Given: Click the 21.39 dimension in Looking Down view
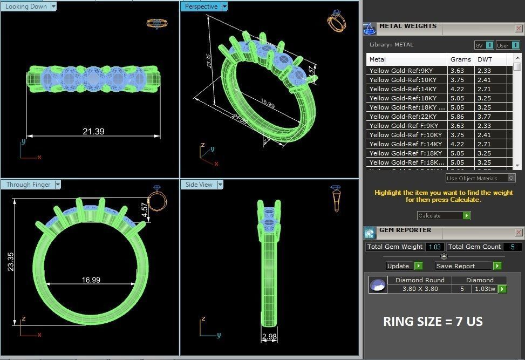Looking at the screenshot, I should [93, 131].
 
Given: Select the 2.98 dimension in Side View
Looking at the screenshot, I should [269, 337].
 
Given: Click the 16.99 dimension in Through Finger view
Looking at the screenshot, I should [91, 280].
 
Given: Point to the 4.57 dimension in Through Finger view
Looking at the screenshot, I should [145, 210].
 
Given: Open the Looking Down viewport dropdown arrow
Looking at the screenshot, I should [53, 6].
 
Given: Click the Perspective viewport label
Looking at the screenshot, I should [201, 6].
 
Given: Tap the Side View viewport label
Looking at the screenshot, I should [199, 185].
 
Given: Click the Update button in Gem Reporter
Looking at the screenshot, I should [398, 266].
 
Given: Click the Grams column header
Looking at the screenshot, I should [460, 59].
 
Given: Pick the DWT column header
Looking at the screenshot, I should [485, 59].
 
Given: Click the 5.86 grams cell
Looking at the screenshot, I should [457, 117].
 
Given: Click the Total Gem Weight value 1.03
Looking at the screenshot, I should [434, 247].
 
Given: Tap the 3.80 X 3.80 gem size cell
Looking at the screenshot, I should [420, 289].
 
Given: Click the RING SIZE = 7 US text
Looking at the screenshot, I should [433, 322].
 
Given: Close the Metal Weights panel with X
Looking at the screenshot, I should [519, 29].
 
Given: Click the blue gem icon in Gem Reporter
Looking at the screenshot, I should [378, 284].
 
